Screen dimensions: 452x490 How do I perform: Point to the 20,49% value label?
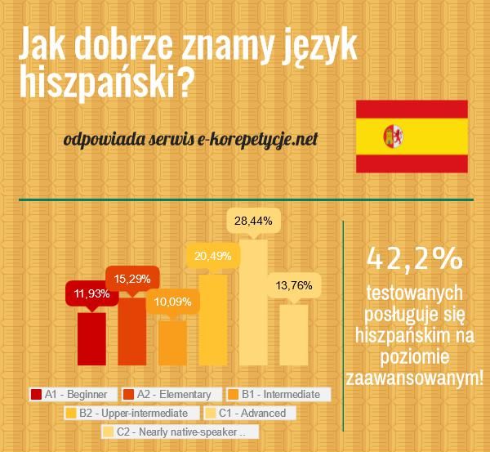point(212,255)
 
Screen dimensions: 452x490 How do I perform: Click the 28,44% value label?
point(252,221)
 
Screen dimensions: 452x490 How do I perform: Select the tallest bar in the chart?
point(253,302)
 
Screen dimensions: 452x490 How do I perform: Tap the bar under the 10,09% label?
point(172,343)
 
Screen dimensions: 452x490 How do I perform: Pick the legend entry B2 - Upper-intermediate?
point(130,413)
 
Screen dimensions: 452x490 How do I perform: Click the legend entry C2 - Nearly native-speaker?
point(180,432)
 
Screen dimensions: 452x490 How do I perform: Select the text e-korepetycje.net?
point(254,139)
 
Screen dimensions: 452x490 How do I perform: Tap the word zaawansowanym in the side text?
point(415,378)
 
